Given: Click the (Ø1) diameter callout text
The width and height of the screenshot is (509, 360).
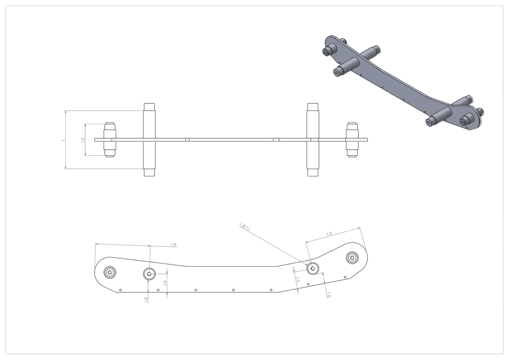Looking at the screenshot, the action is tap(245, 227).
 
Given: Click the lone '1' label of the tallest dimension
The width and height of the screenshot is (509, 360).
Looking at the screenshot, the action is tap(63, 140).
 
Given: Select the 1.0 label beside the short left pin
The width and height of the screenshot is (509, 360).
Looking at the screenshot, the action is tap(83, 140).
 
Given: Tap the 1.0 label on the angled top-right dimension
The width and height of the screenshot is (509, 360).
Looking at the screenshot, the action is tap(329, 234).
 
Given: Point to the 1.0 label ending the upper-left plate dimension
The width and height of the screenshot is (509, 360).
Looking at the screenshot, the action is tap(173, 245).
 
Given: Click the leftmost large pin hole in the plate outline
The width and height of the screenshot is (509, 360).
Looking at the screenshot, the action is tap(110, 272).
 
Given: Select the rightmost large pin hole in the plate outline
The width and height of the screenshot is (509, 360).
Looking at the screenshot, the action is tap(352, 258).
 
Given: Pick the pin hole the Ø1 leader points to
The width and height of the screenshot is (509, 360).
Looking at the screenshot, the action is tap(313, 268).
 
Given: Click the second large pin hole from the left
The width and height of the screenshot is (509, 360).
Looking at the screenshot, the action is tap(149, 274).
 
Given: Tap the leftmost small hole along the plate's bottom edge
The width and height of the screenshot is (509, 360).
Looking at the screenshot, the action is tap(120, 290).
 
